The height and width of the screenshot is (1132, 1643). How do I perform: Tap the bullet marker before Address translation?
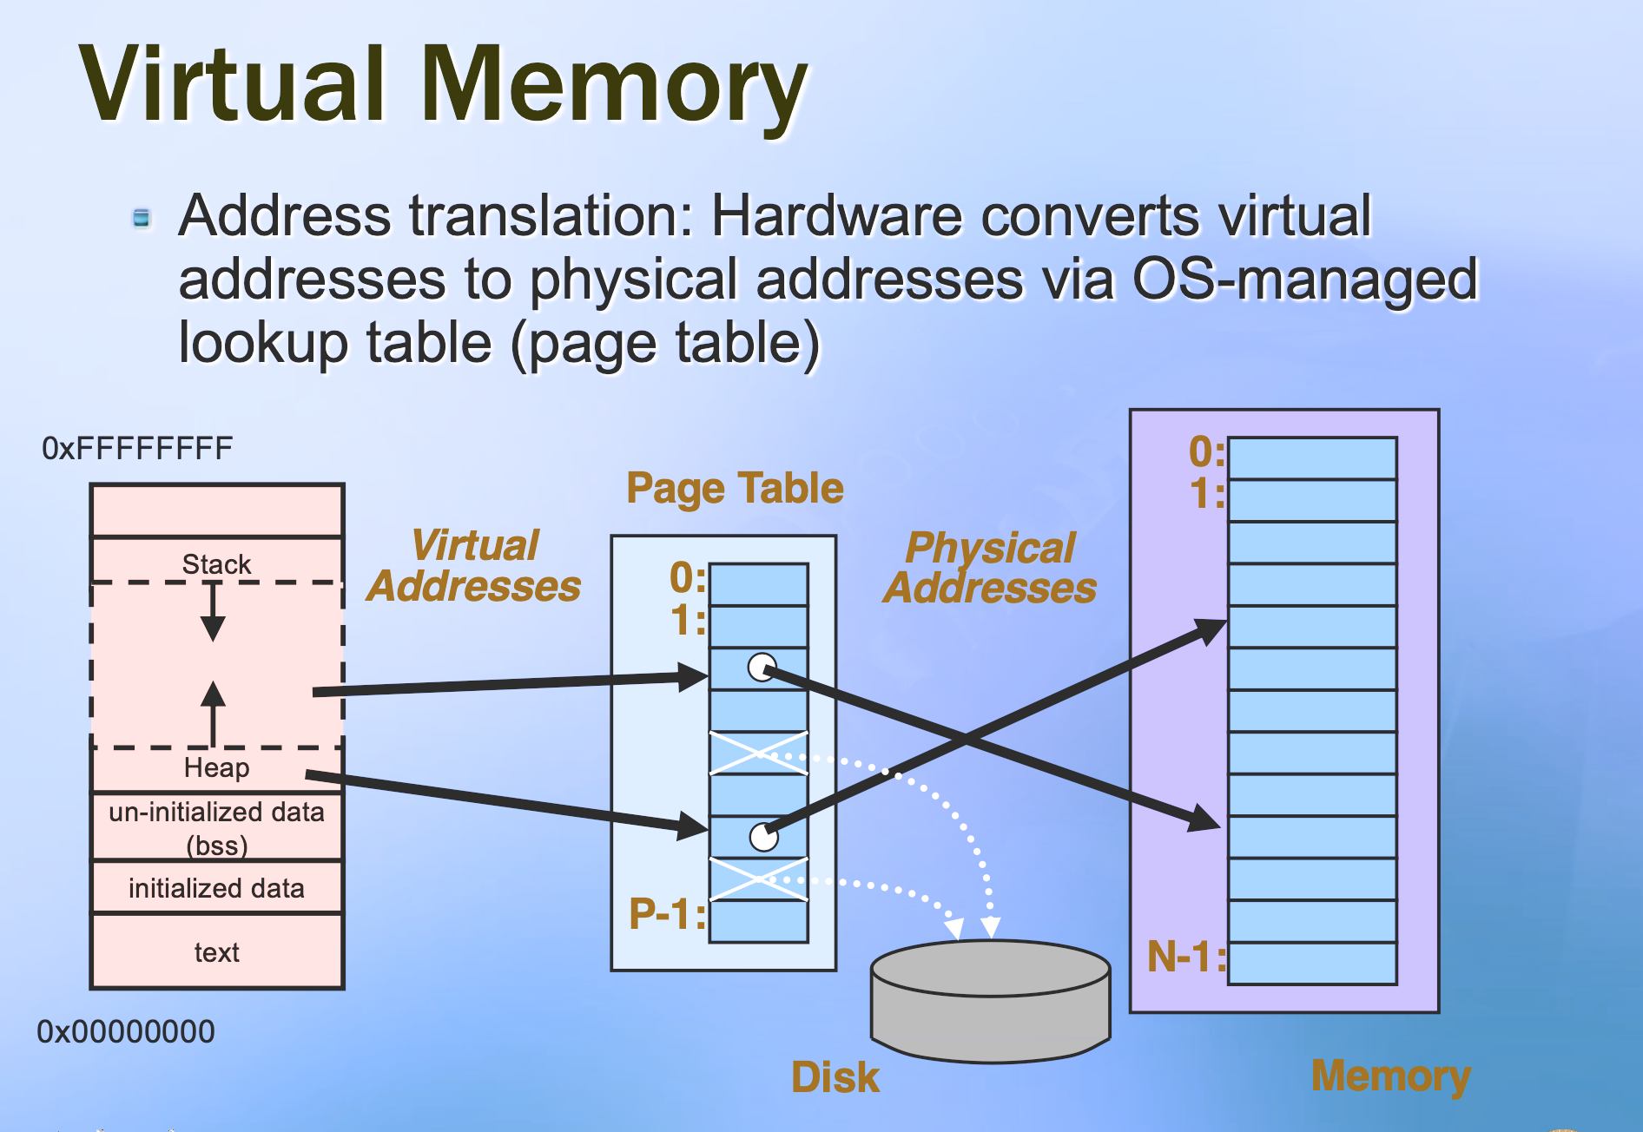(x=142, y=217)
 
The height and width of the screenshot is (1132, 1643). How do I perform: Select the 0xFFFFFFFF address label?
(x=137, y=449)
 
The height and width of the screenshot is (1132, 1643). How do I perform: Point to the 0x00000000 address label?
(x=126, y=1031)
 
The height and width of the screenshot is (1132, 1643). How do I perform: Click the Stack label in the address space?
(x=216, y=564)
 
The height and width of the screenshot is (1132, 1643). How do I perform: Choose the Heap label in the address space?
(x=216, y=767)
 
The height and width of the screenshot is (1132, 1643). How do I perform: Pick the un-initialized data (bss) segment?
(x=217, y=827)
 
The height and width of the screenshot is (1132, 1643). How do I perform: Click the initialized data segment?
(x=217, y=888)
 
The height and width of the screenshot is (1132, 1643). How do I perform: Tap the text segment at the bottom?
(x=217, y=952)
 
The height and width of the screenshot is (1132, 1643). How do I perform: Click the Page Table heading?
(x=735, y=488)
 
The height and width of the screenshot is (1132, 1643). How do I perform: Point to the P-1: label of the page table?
(x=667, y=914)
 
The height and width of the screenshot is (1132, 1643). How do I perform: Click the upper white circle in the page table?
(x=762, y=668)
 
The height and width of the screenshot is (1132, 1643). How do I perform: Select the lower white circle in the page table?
(x=763, y=837)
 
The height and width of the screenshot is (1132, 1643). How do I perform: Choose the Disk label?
(x=835, y=1077)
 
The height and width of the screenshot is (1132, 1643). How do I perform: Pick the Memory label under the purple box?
(x=1390, y=1076)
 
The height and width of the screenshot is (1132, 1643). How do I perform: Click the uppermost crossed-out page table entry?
(x=759, y=753)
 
